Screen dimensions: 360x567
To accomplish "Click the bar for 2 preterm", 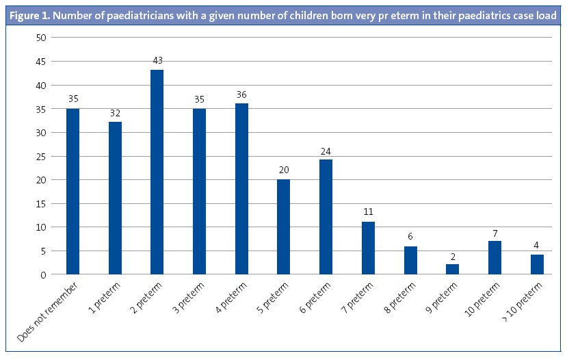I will point(157,172).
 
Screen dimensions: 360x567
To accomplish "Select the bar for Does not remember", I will point(72,191).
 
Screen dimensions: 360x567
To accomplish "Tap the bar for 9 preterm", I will point(453,269).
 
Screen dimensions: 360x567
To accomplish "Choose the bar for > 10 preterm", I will point(537,265).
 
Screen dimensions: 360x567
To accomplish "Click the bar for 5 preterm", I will point(283,227).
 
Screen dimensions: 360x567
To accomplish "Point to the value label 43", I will point(157,60).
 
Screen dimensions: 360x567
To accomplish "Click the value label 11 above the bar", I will point(368,212).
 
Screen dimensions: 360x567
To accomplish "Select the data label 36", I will point(241,94).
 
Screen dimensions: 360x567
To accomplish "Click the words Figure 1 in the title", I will point(32,15).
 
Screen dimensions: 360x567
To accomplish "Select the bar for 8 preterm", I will point(410,260).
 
